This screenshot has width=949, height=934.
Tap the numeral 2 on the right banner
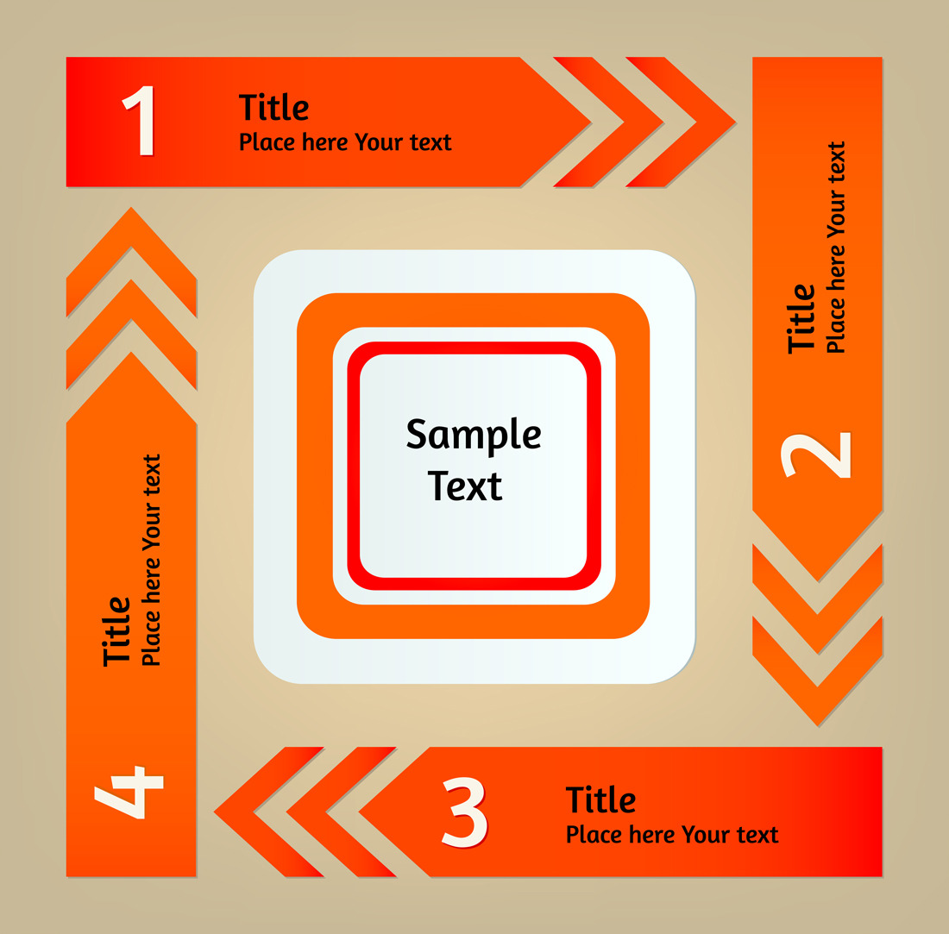pyautogui.click(x=816, y=455)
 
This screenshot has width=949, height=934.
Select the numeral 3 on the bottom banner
pyautogui.click(x=465, y=812)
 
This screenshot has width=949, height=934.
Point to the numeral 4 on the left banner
pyautogui.click(x=129, y=793)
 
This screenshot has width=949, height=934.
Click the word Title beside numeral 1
pyautogui.click(x=273, y=107)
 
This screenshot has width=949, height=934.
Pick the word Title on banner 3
pyautogui.click(x=600, y=799)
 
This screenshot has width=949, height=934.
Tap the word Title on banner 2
pyautogui.click(x=801, y=318)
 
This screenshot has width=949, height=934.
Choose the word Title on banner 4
pyautogui.click(x=116, y=631)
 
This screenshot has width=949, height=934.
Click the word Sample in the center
pyautogui.click(x=474, y=436)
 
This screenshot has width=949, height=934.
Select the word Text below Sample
pyautogui.click(x=465, y=486)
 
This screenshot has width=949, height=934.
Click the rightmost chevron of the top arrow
pyautogui.click(x=681, y=122)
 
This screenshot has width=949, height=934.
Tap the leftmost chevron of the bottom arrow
pyautogui.click(x=269, y=812)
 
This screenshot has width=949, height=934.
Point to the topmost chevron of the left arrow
pyautogui.click(x=131, y=262)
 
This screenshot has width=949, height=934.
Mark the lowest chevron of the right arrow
pyautogui.click(x=818, y=672)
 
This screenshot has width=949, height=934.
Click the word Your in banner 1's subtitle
pyautogui.click(x=378, y=142)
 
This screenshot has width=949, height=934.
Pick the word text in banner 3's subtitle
pyautogui.click(x=757, y=836)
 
